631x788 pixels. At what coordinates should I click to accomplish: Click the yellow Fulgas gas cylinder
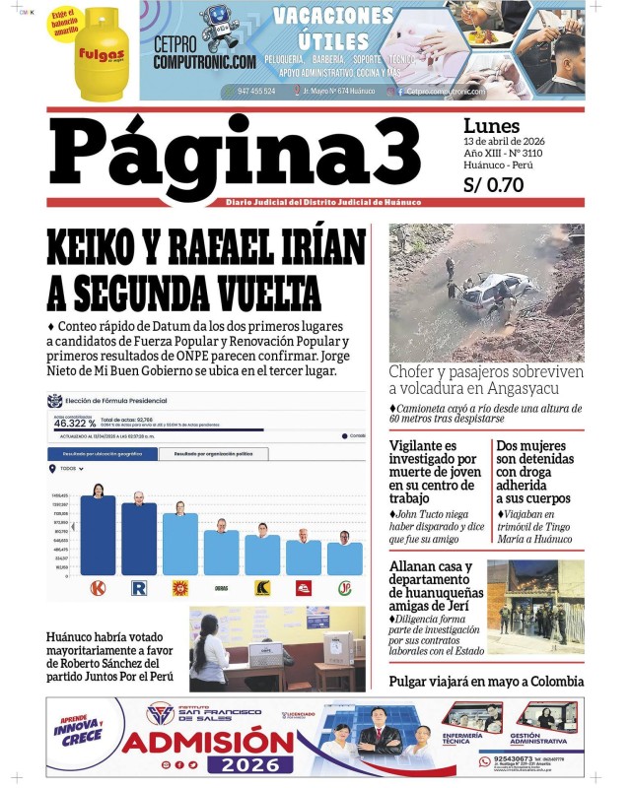click(102, 54)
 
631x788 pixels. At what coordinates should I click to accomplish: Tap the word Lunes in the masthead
click(491, 126)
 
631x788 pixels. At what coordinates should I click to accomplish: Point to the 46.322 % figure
click(75, 424)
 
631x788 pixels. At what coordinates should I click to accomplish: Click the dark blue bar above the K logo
click(98, 537)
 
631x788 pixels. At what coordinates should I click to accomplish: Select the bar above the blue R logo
click(139, 540)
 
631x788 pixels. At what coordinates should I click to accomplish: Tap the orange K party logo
click(98, 588)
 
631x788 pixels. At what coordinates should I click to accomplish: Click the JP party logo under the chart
click(345, 588)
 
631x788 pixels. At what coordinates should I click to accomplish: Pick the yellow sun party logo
click(179, 588)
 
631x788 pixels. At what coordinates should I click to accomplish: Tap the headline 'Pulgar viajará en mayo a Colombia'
click(486, 681)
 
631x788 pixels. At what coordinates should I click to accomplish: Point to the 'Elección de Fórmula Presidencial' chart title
click(116, 401)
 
